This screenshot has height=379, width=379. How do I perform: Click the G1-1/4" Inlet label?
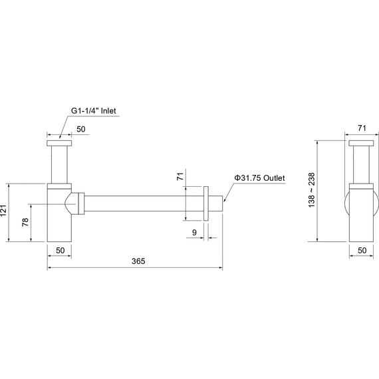[93, 110]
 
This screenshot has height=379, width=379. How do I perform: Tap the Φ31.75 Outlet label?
[259, 178]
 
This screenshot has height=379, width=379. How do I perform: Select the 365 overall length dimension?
[138, 261]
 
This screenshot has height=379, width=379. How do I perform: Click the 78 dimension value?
[25, 222]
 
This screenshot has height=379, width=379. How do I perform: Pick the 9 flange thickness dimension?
[194, 232]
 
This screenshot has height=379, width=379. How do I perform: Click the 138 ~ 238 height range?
[312, 189]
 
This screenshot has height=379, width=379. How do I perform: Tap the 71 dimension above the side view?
[362, 128]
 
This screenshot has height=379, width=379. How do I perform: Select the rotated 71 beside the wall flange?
[180, 176]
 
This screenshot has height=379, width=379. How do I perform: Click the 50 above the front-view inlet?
[81, 129]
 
